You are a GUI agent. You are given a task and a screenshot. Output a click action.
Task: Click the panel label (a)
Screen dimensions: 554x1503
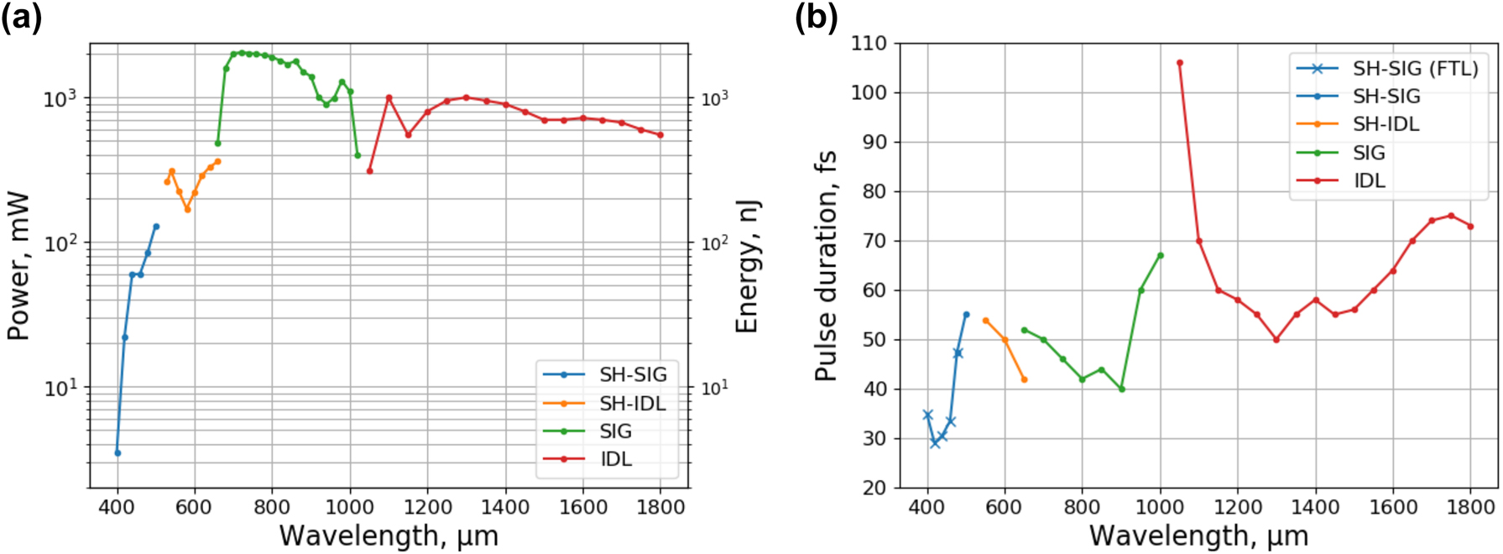click(x=21, y=18)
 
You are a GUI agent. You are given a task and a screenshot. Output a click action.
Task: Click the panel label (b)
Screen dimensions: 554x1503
click(x=816, y=18)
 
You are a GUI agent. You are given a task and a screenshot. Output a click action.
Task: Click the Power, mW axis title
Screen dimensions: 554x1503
click(x=18, y=266)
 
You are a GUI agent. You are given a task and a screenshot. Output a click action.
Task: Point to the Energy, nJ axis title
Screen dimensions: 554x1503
click(x=747, y=266)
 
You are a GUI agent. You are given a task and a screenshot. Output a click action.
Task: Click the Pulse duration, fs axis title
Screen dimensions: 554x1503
click(x=826, y=266)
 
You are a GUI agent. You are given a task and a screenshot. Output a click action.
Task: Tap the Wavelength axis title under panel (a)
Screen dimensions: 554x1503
click(x=389, y=536)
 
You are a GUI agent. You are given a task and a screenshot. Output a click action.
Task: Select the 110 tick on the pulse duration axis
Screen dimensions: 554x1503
click(x=869, y=44)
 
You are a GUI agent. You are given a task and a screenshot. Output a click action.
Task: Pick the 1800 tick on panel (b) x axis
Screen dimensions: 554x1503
click(x=1470, y=508)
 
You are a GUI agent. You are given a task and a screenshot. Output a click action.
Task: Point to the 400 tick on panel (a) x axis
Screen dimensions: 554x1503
click(x=117, y=508)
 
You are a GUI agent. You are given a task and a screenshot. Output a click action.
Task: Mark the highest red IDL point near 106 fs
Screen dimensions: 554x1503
click(x=1180, y=63)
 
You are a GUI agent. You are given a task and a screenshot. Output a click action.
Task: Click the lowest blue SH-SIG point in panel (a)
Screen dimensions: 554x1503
click(x=117, y=453)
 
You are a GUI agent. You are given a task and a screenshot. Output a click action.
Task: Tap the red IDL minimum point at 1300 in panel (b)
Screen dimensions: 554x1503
click(x=1276, y=340)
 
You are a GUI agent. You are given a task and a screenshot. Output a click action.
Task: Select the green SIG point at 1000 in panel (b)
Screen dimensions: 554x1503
click(x=1161, y=255)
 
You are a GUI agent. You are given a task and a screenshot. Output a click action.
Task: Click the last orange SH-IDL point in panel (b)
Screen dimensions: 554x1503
click(x=1025, y=379)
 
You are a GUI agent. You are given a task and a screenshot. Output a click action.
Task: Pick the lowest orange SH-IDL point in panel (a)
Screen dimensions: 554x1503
click(x=187, y=210)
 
